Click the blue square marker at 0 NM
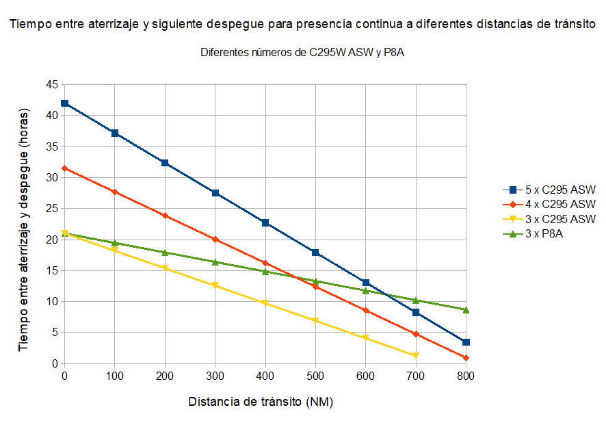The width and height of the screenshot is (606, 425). tap(64, 103)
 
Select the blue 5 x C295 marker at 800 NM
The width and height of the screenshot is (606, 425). tap(466, 342)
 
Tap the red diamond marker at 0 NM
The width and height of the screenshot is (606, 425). tap(64, 168)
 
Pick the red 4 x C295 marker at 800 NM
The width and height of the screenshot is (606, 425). tap(466, 358)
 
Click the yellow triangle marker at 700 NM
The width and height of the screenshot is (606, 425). tap(416, 355)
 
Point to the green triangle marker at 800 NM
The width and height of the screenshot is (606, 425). tap(466, 310)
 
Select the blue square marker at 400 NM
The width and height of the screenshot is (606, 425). tap(265, 222)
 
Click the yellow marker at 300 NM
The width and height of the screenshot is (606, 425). tap(215, 285)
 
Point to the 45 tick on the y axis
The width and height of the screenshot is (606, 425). tap(52, 85)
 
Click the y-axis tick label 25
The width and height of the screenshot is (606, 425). tap(52, 209)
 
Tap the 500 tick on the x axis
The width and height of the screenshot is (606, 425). tap(315, 376)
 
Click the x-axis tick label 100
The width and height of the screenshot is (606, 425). tap(114, 376)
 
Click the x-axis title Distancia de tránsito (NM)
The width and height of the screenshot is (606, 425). tap(261, 402)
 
